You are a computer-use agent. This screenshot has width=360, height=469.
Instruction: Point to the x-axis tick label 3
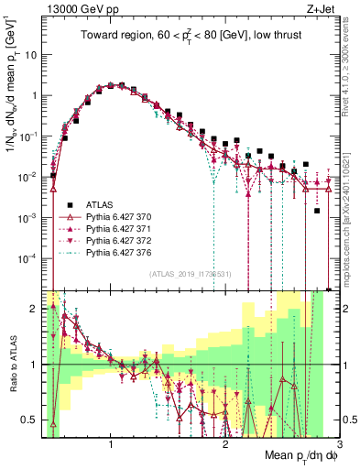339,444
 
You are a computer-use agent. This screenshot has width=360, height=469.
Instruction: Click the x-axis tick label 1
111,444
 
